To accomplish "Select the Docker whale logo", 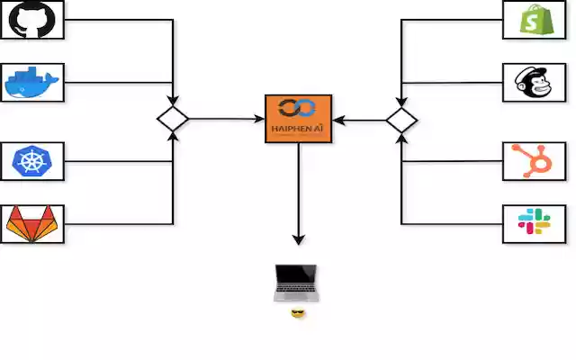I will (31, 83).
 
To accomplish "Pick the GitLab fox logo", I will (31, 224).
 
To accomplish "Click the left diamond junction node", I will (172, 119).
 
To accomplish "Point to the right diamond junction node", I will (401, 120).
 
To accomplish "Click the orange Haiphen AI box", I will (298, 119).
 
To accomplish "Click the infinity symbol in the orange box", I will (298, 109).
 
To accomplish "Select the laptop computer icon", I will (296, 283).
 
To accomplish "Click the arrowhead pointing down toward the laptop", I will (298, 239).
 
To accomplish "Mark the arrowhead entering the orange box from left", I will (259, 119).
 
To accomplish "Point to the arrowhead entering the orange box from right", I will (337, 119).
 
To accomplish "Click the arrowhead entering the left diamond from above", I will (172, 101).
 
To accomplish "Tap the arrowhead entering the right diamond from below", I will (401, 138).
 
